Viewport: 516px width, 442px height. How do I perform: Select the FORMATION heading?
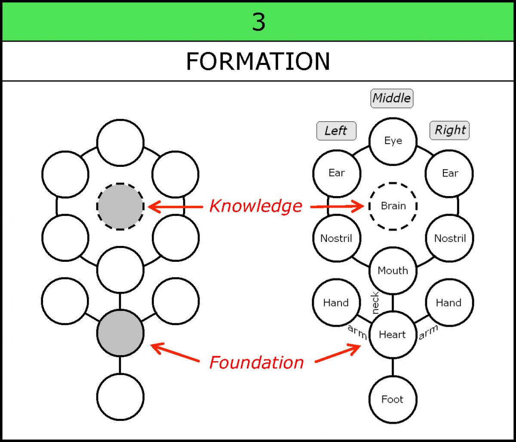[x=258, y=61]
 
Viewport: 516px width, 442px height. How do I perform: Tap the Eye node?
[x=393, y=141]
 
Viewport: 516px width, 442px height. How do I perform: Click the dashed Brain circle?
[x=393, y=206]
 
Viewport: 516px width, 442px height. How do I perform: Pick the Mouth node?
[x=393, y=270]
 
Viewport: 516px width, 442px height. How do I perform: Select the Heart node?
[x=392, y=335]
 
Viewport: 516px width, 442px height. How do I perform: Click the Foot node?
[x=392, y=399]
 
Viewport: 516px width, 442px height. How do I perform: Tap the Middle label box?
[x=391, y=98]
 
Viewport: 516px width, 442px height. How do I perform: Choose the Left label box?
[x=336, y=131]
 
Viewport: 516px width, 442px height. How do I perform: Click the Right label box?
[x=450, y=130]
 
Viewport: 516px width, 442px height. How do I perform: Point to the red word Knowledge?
[x=255, y=206]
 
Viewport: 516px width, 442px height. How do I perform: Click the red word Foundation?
[x=256, y=362]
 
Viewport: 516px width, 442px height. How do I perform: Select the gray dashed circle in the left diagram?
[x=120, y=206]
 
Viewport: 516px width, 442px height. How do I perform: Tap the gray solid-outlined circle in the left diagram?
[x=120, y=333]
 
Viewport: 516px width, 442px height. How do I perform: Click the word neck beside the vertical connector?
[x=375, y=303]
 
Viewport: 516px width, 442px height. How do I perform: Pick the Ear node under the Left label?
[x=336, y=173]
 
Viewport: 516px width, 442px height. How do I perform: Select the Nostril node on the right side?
[x=450, y=238]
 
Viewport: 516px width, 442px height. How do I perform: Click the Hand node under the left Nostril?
[x=335, y=303]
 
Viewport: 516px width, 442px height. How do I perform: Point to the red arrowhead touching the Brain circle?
[x=359, y=207]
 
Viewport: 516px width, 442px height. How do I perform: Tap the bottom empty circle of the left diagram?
[x=120, y=397]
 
